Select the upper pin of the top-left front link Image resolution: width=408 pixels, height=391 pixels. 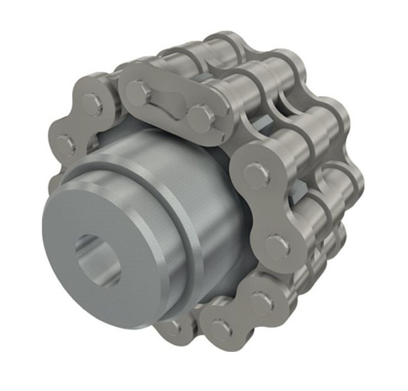92,103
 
